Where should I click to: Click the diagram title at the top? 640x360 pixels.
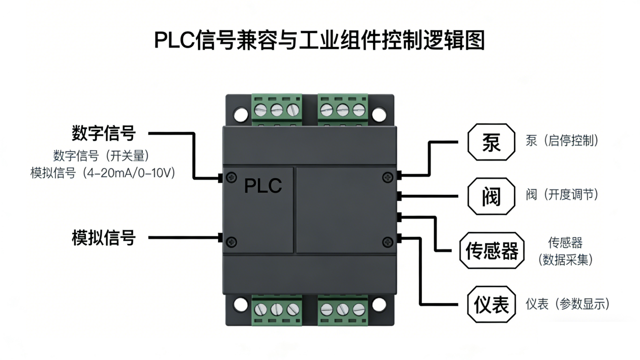pyautogui.click(x=319, y=40)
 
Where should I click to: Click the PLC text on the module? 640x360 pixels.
pyautogui.click(x=263, y=186)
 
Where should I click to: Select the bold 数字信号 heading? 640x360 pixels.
pyautogui.click(x=103, y=133)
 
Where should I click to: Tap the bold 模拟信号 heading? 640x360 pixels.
pyautogui.click(x=103, y=238)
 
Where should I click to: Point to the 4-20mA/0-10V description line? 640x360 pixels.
pyautogui.click(x=102, y=173)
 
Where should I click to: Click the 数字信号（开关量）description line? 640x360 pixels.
pyautogui.click(x=101, y=156)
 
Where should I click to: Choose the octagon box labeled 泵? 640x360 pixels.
pyautogui.click(x=491, y=142)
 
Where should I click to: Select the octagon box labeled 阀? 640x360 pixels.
pyautogui.click(x=491, y=196)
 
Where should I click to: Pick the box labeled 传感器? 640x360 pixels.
pyautogui.click(x=492, y=250)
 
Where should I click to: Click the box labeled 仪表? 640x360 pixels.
pyautogui.click(x=492, y=304)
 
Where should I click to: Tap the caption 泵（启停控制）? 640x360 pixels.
pyautogui.click(x=562, y=140)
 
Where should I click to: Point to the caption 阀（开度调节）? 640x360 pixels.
pyautogui.click(x=562, y=195)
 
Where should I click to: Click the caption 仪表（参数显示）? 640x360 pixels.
pyautogui.click(x=568, y=304)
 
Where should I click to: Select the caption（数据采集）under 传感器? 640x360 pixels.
pyautogui.click(x=565, y=260)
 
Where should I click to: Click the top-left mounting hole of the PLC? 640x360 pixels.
pyautogui.click(x=241, y=114)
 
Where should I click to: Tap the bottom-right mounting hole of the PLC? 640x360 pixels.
pyautogui.click(x=379, y=305)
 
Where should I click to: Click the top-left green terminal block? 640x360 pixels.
pyautogui.click(x=277, y=109)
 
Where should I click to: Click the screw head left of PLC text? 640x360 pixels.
pyautogui.click(x=231, y=177)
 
